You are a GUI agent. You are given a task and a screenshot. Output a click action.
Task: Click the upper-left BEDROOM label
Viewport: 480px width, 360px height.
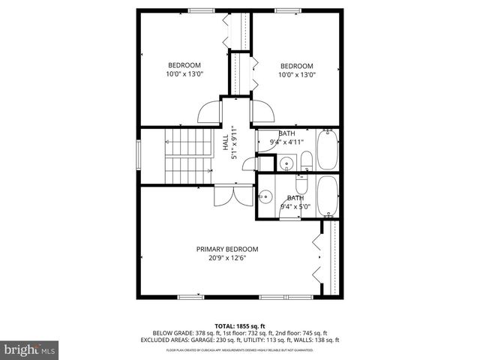point(184,64)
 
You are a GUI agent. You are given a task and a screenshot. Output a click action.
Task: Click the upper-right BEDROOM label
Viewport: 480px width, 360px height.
point(296,64)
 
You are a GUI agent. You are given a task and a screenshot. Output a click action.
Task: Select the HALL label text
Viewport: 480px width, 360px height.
point(225,142)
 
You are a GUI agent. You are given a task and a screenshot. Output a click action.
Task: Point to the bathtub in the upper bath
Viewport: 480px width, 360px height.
point(328,150)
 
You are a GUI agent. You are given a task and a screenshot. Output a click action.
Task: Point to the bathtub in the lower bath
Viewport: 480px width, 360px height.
point(328,196)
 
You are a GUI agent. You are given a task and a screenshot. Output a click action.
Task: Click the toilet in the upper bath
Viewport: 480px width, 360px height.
point(306,160)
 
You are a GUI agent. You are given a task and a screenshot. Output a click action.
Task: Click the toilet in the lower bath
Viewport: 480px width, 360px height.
point(301,184)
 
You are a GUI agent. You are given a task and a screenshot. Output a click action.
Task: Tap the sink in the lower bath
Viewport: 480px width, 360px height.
point(264,197)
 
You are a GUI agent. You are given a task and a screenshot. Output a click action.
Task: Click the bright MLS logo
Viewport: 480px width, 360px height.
point(30,349)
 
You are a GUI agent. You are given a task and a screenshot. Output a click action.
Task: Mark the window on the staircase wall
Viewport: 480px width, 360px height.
point(137,156)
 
